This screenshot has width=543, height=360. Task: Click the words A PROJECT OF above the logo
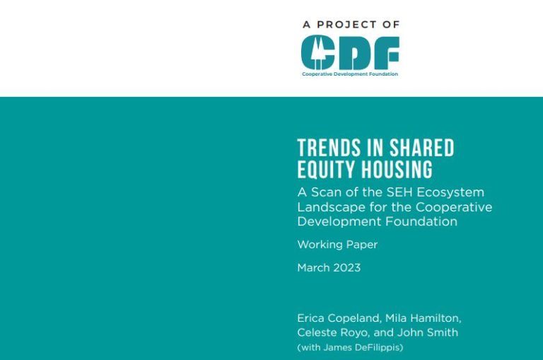[x=351, y=24]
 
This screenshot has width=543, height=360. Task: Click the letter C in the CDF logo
[x=314, y=52]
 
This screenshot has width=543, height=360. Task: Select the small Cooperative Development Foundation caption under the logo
[x=349, y=74]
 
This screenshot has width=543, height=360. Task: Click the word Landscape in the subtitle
[x=327, y=207]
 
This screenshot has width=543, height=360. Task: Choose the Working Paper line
[x=337, y=245]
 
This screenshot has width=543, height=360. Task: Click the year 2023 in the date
[x=346, y=267]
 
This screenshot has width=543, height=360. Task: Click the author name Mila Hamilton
[x=423, y=318]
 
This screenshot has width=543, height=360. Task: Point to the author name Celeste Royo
[x=331, y=332]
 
